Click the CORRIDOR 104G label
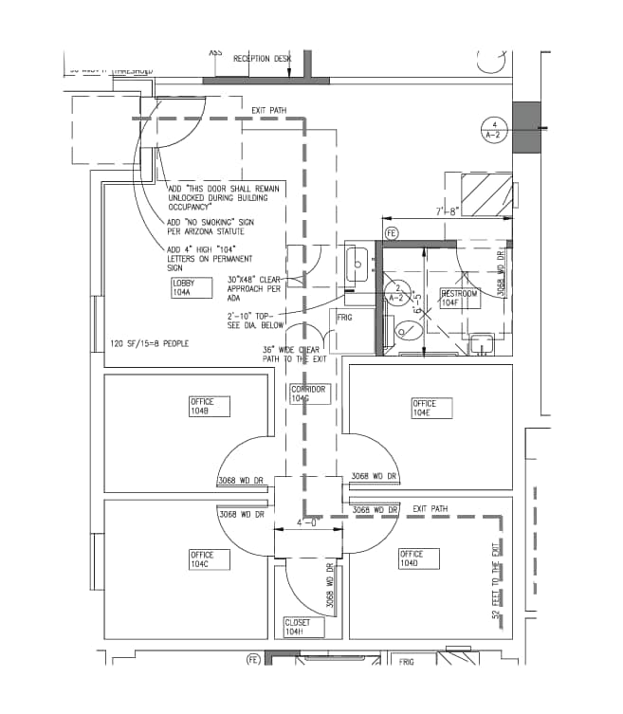[x=309, y=394]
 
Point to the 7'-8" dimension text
[x=447, y=211]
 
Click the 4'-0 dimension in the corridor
[x=307, y=522]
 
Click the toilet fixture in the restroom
[x=405, y=330]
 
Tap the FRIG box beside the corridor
[x=344, y=318]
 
